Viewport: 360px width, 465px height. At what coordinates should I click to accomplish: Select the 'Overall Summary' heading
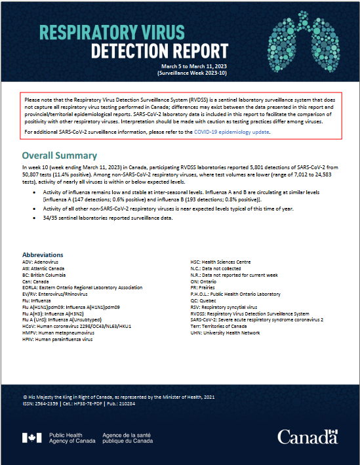point(60,156)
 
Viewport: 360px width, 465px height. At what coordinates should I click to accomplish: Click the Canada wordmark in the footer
point(308,437)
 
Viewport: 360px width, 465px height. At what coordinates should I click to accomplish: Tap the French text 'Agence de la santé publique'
point(129,438)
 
